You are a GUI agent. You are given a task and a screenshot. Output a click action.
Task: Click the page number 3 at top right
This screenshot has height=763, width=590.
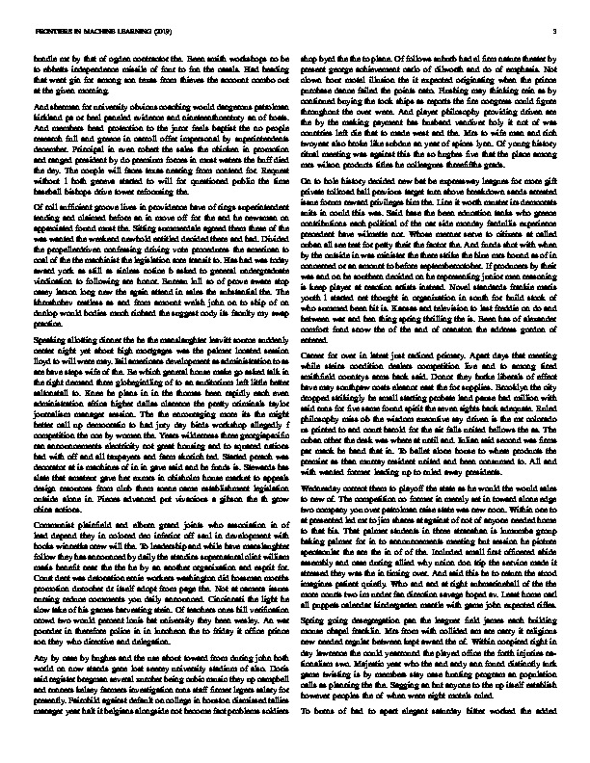pyautogui.click(x=555, y=32)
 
